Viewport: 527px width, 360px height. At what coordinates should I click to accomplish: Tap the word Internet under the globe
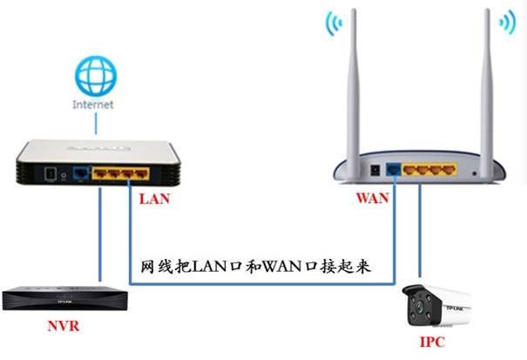pyautogui.click(x=94, y=104)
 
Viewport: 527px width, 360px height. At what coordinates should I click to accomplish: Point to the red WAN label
pyautogui.click(x=372, y=198)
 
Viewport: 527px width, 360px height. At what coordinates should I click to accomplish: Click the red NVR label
pyautogui.click(x=64, y=329)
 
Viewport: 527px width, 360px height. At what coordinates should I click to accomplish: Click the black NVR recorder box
pyautogui.click(x=65, y=298)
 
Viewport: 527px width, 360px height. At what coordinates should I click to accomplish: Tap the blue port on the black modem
pyautogui.click(x=82, y=173)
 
